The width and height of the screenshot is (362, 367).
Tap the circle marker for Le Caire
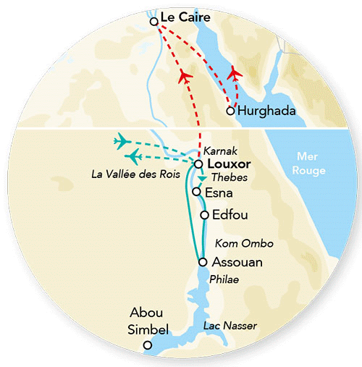pos(154,22)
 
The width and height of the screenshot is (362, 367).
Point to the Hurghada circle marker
pos(230,111)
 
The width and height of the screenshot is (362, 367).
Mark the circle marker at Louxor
pos(198,164)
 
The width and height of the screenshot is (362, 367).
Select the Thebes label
pos(223,178)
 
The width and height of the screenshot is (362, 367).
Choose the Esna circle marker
pos(196,192)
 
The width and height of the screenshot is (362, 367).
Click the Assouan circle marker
pos(203,262)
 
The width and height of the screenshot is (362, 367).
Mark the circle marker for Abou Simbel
pos(148,345)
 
